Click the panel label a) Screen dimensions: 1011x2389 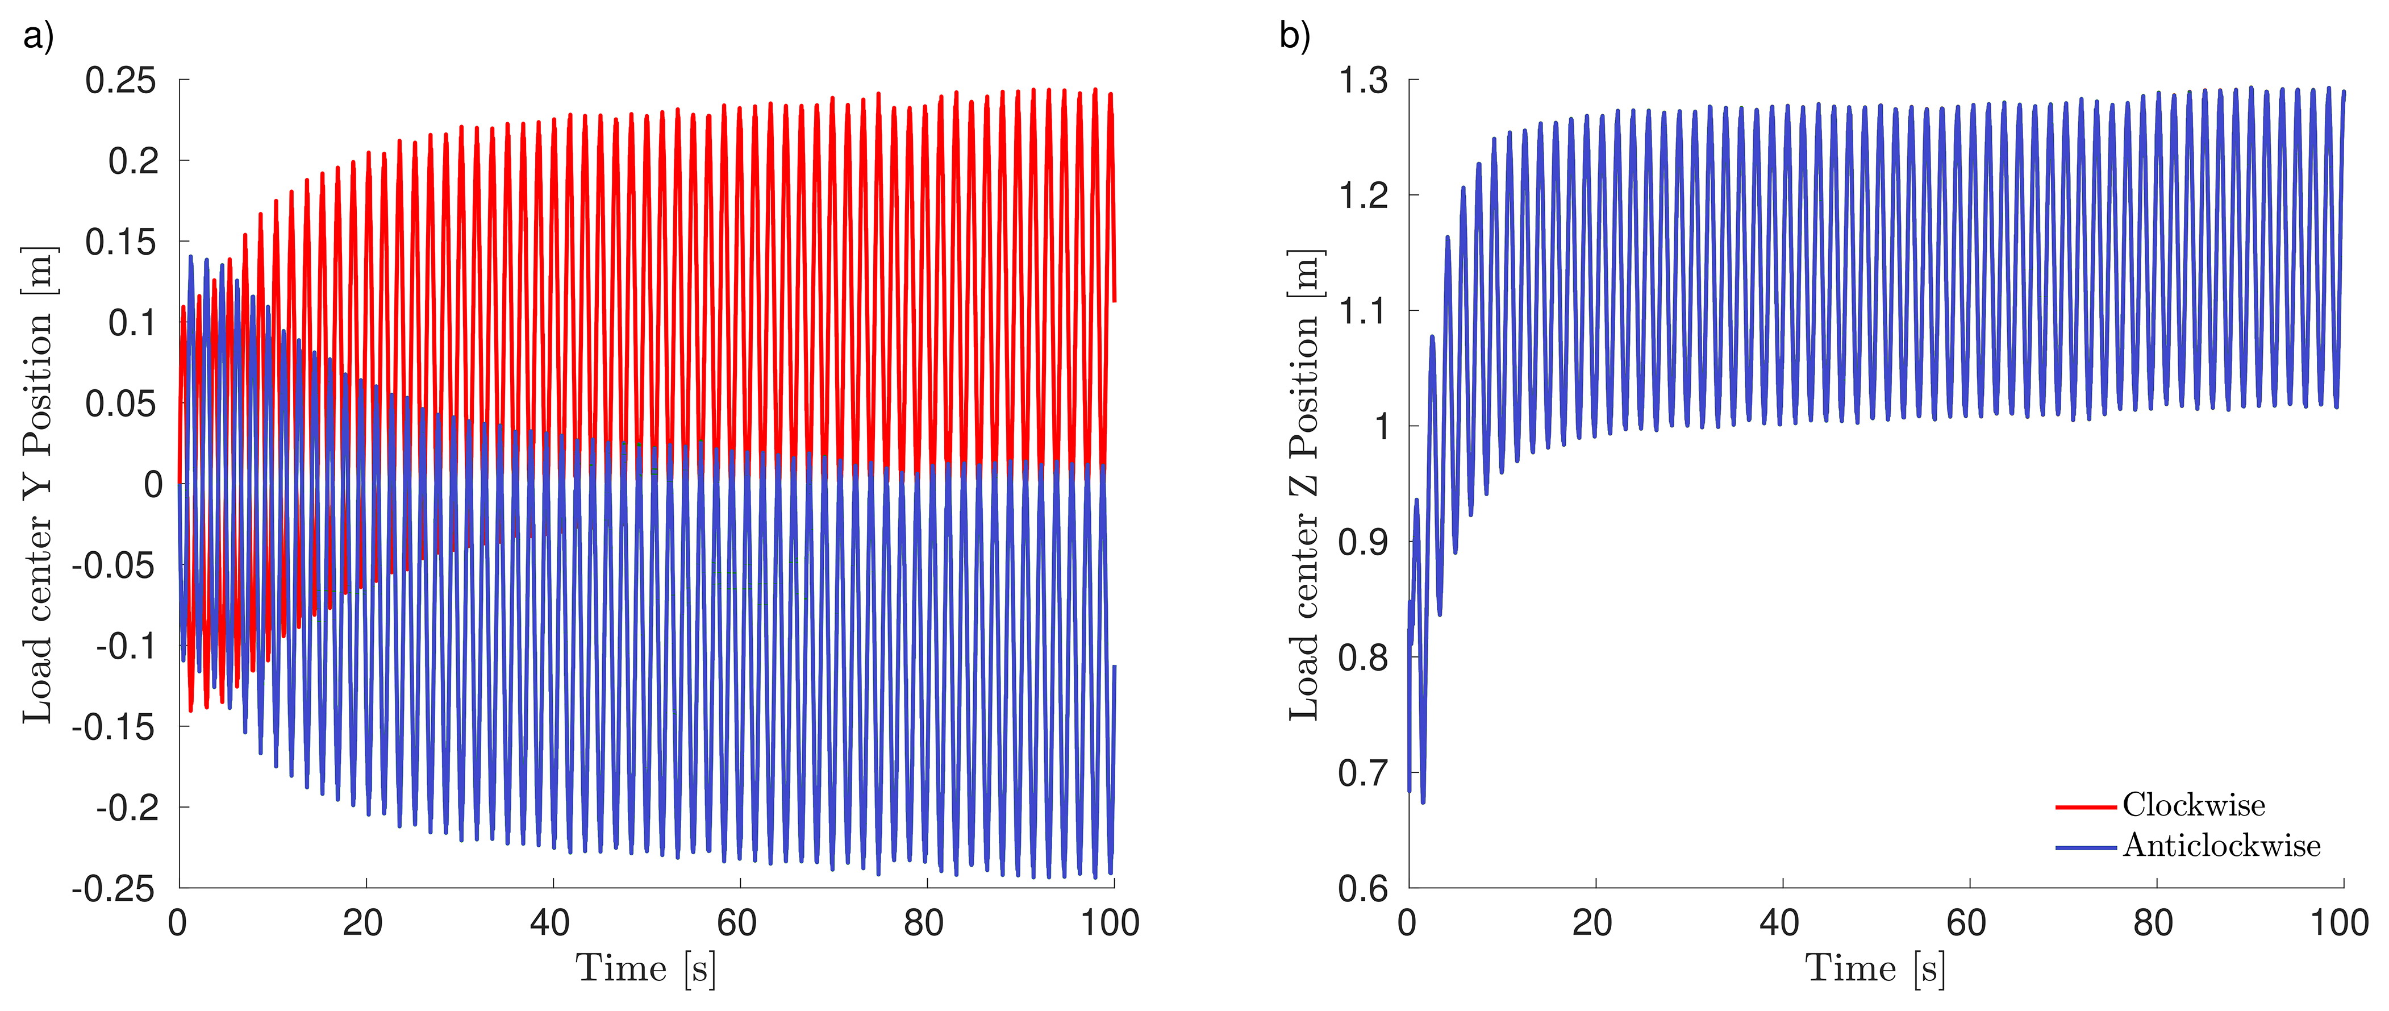coord(39,36)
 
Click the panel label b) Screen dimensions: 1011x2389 coord(1295,36)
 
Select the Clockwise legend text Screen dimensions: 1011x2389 coord(2194,805)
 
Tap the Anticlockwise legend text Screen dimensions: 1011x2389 coord(2221,846)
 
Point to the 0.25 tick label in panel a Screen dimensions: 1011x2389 coord(120,81)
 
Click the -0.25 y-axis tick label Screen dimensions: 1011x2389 coord(113,889)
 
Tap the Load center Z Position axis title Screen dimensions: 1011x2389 coord(1304,484)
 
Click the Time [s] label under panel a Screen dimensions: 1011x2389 coord(645,968)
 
